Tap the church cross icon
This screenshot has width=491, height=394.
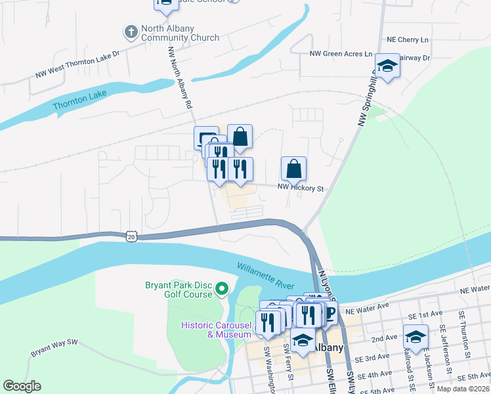[130, 31]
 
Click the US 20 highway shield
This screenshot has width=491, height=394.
[132, 235]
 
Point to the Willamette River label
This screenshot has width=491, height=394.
[265, 275]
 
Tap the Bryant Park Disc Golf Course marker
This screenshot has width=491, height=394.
[222, 288]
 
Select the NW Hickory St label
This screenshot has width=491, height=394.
[301, 188]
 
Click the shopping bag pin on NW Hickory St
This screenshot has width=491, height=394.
[293, 169]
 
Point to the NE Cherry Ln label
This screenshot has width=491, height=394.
[408, 39]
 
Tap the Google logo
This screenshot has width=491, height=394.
[22, 386]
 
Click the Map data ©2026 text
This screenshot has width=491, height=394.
[463, 389]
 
